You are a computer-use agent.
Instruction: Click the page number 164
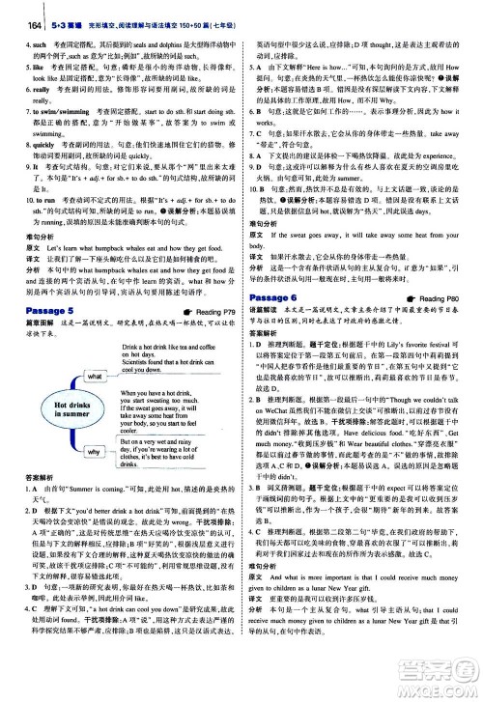point(14,9)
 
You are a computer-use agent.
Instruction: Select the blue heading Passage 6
point(280,296)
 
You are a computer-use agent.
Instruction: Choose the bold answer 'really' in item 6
point(29,88)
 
